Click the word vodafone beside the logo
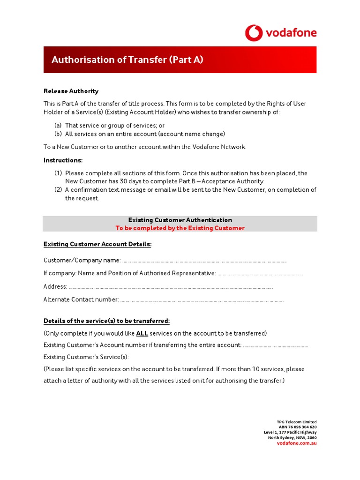(x=291, y=33)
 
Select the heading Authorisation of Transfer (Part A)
(x=127, y=60)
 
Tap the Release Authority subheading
(x=71, y=91)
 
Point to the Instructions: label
(x=63, y=160)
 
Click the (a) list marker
(x=58, y=126)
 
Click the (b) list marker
(x=58, y=134)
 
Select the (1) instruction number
(x=58, y=173)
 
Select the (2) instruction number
(x=58, y=190)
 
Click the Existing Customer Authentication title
(x=180, y=220)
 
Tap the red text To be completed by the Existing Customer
(x=180, y=228)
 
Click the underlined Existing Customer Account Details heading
(x=97, y=244)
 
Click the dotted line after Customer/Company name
(x=204, y=261)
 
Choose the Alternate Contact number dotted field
(x=202, y=300)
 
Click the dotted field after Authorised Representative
(x=260, y=274)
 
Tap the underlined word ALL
(x=142, y=334)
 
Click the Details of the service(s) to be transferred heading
(x=106, y=321)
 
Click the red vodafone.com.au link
(x=297, y=443)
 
